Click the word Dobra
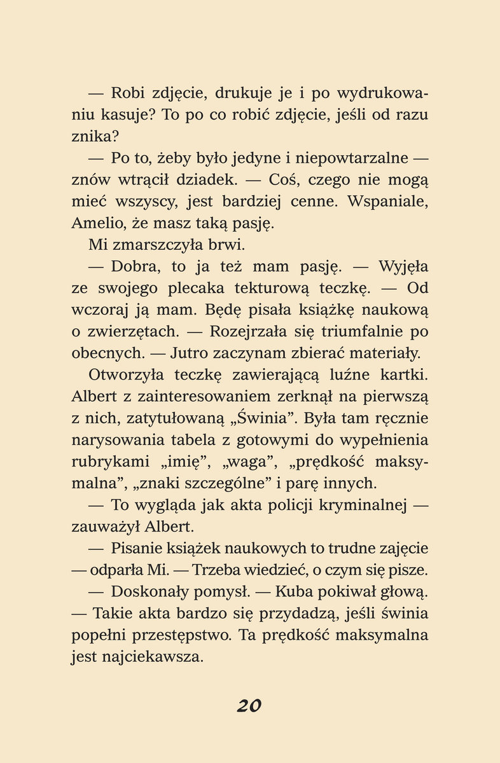click(x=136, y=266)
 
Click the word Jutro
click(x=191, y=353)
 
